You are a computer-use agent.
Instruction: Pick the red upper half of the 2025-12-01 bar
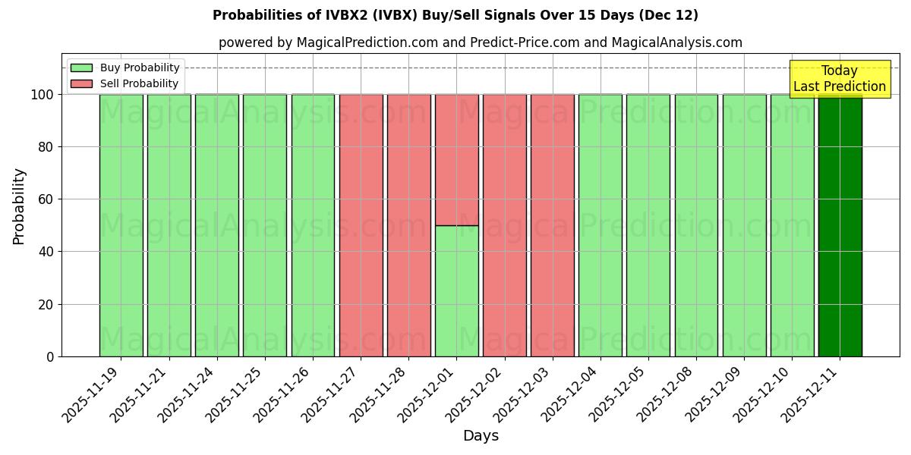coord(456,159)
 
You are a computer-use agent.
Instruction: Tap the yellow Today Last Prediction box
coord(840,79)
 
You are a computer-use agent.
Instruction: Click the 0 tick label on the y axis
coord(49,356)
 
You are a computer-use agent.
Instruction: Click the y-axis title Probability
coord(19,206)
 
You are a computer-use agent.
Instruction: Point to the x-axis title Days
coord(481,436)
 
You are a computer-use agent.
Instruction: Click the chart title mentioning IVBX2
coord(455,15)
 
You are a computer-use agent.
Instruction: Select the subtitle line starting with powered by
coord(481,42)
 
